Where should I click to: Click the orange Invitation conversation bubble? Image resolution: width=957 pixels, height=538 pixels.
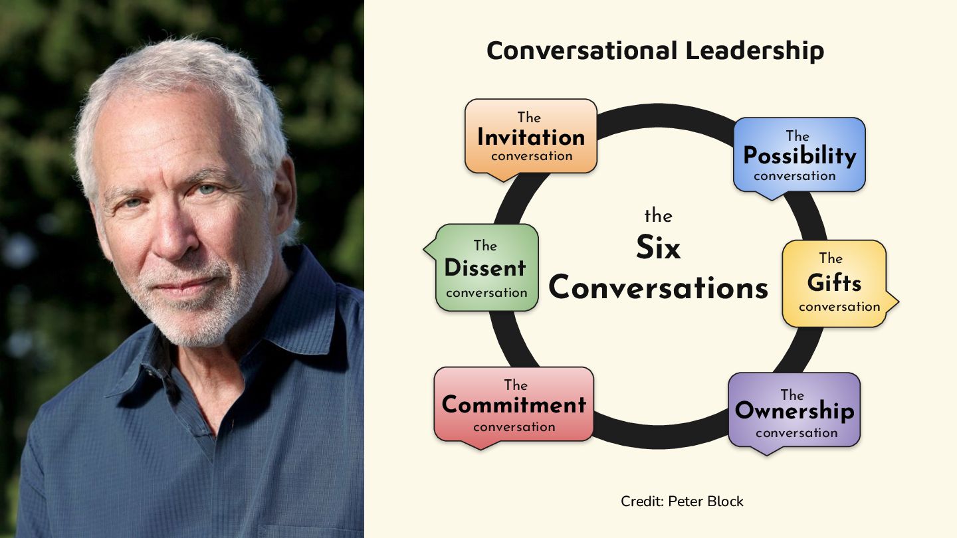pyautogui.click(x=530, y=137)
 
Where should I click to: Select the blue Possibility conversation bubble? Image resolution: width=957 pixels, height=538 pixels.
pyautogui.click(x=799, y=155)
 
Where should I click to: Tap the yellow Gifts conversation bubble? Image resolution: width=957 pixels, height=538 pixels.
pyautogui.click(x=835, y=283)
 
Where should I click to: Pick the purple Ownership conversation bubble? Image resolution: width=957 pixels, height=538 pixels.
pyautogui.click(x=794, y=410)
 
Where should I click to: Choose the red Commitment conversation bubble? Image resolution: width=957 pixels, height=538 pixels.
pyautogui.click(x=514, y=404)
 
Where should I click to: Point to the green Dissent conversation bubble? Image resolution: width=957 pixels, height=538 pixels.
pyautogui.click(x=486, y=268)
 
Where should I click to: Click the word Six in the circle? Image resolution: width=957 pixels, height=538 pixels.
pyautogui.click(x=658, y=248)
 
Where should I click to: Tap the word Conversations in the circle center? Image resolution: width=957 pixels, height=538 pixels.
pyautogui.click(x=658, y=288)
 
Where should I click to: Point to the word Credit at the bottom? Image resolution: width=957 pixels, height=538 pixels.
pyautogui.click(x=639, y=501)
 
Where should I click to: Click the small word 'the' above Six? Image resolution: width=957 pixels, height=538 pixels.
pyautogui.click(x=658, y=216)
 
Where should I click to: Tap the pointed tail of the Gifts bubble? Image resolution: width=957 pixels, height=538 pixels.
pyautogui.click(x=894, y=302)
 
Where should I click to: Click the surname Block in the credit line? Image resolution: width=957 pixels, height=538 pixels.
pyautogui.click(x=726, y=501)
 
